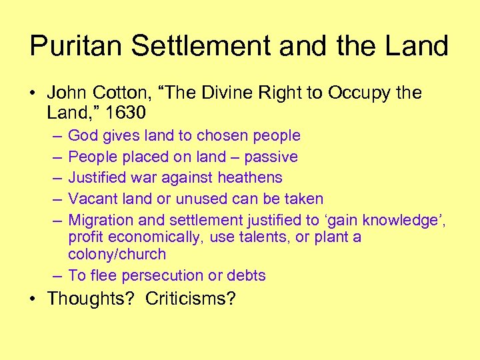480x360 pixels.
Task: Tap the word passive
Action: tap(271, 157)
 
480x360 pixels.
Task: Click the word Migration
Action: tap(101, 219)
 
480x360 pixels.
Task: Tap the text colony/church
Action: tap(117, 254)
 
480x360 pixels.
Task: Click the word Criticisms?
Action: tap(191, 298)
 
